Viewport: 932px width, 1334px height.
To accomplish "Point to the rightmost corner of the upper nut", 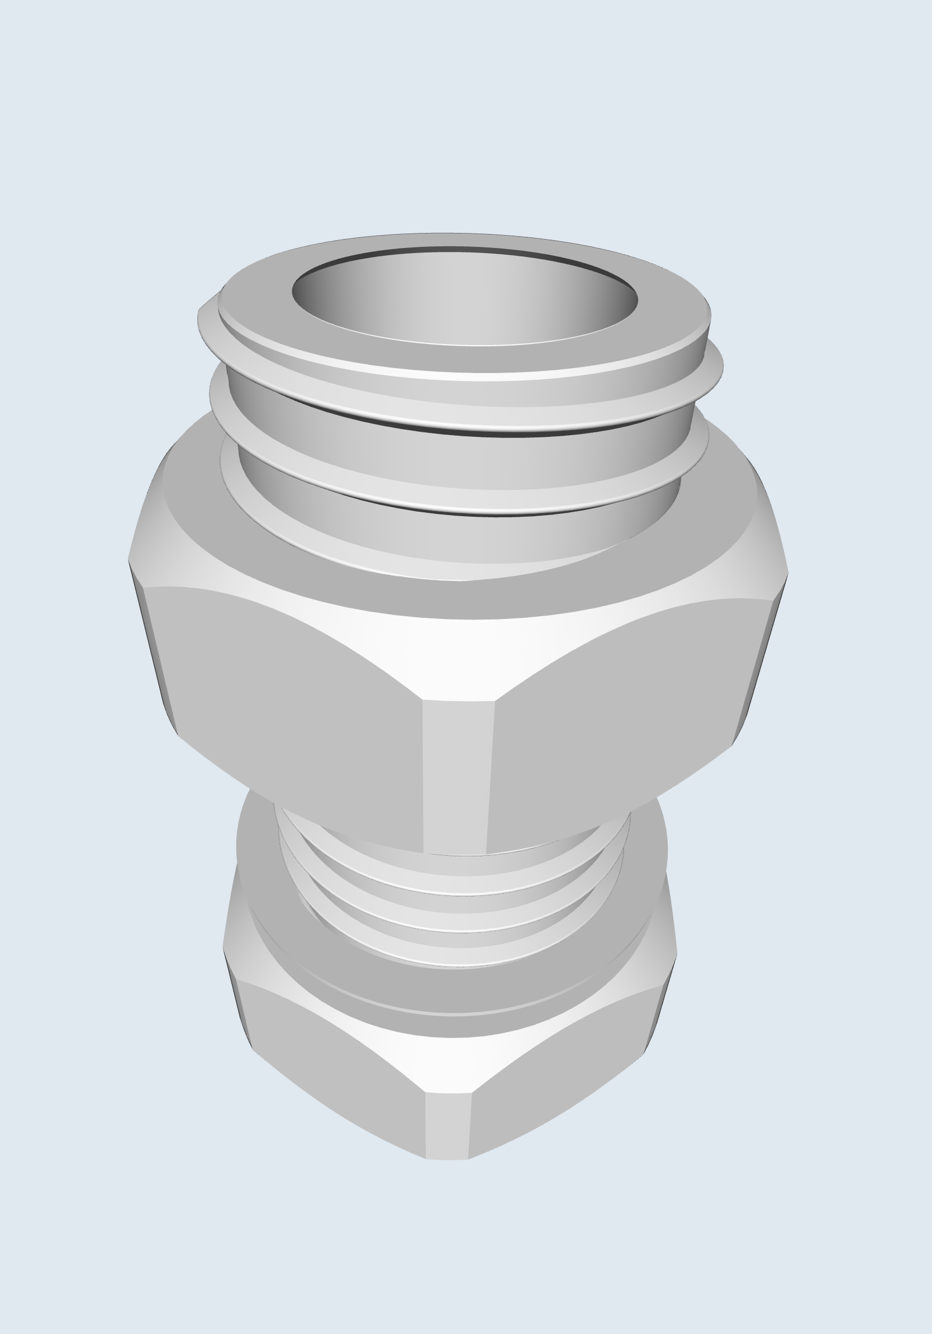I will tap(787, 574).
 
